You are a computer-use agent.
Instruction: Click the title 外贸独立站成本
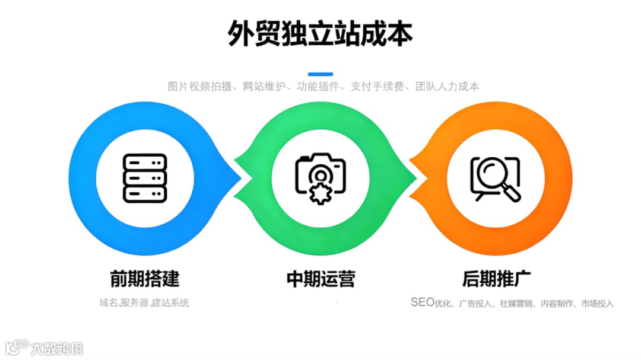(320, 34)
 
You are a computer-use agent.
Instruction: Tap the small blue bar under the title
(320, 74)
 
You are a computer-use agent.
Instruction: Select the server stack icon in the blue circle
(145, 177)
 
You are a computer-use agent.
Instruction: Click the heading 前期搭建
(145, 279)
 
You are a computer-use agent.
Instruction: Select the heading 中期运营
(320, 279)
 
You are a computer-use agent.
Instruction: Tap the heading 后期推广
(496, 279)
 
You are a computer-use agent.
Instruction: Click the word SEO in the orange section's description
(423, 302)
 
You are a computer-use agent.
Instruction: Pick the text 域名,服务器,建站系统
(144, 303)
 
